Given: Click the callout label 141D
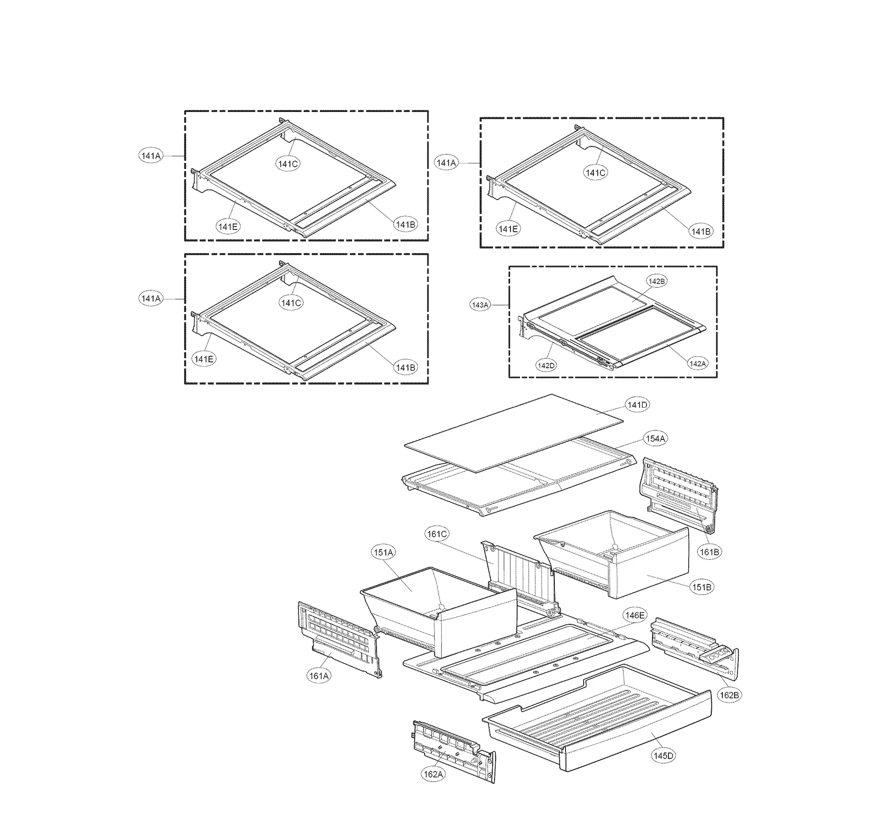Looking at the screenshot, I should [637, 405].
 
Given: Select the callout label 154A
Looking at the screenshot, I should [655, 439].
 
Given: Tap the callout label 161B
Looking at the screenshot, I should [710, 552].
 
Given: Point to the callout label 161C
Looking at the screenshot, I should [437, 534].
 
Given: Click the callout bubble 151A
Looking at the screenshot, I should [383, 552].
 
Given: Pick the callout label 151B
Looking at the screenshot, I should [701, 587].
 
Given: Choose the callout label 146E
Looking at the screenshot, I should [635, 615].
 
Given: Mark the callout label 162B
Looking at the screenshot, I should [728, 695].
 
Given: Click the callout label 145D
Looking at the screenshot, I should [664, 755].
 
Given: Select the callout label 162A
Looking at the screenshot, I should [433, 775].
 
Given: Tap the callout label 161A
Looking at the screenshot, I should [319, 676].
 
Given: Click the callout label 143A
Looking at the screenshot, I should [480, 305].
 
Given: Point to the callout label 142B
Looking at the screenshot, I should [656, 281].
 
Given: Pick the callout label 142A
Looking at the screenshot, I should [697, 363].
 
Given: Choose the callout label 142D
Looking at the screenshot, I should [546, 365].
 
